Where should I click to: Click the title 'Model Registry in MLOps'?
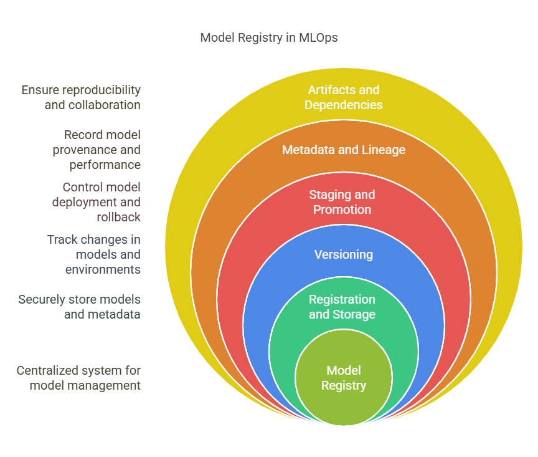click(269, 38)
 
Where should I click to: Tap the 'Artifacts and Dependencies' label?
click(343, 98)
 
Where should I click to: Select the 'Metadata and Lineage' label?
click(343, 150)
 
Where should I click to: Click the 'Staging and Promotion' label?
click(342, 203)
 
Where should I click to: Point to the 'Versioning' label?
click(343, 254)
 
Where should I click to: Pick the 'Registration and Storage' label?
click(342, 307)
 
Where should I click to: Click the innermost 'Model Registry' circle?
click(343, 378)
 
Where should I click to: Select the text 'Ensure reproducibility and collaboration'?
click(81, 97)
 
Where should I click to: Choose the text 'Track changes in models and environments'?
click(94, 254)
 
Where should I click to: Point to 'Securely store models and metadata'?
click(80, 307)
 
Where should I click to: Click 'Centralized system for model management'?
click(79, 378)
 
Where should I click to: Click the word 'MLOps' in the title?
click(318, 38)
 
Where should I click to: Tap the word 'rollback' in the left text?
click(118, 217)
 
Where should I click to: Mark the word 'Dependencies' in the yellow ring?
click(343, 105)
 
